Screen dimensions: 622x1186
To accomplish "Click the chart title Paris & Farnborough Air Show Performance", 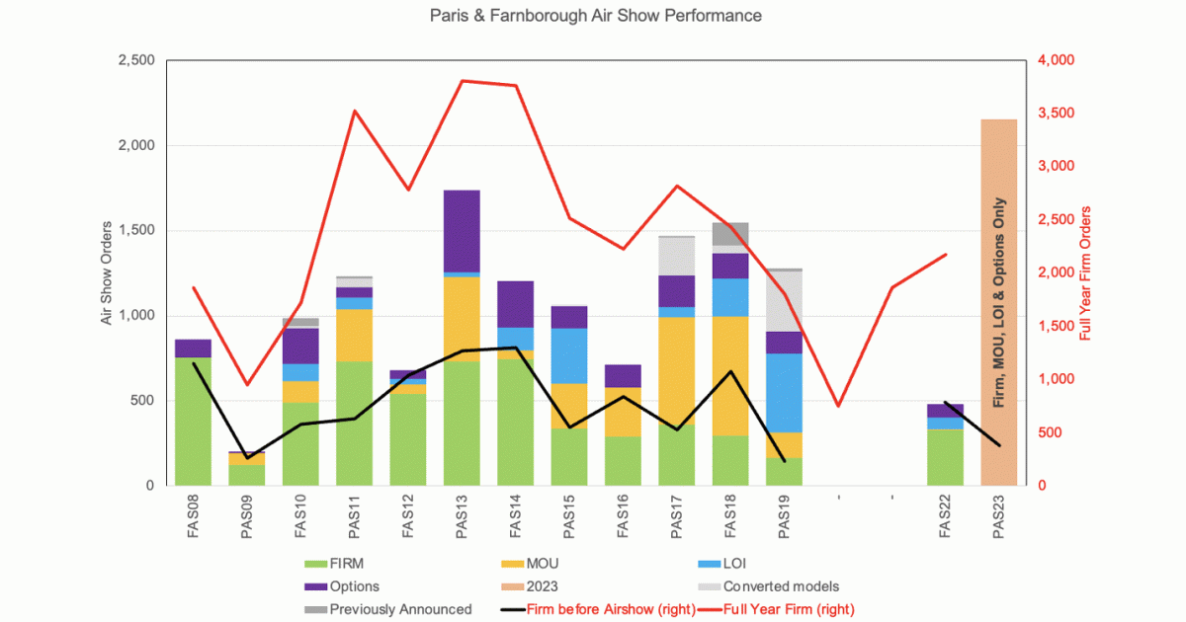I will point(596,16).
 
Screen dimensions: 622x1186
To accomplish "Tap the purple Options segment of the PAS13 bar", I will point(462,230).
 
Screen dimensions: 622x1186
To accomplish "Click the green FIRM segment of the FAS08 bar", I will point(193,421).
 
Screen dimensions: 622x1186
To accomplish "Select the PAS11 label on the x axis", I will point(355,519).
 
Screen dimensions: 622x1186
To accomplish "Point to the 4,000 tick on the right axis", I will point(1055,61).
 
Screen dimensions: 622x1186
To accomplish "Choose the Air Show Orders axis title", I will point(107,272).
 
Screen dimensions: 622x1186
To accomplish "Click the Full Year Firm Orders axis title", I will point(1085,272).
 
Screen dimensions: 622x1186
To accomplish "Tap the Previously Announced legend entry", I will point(400,609).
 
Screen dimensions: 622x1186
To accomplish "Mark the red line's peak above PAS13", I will point(462,80).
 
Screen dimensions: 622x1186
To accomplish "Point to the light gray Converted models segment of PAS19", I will point(784,301).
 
